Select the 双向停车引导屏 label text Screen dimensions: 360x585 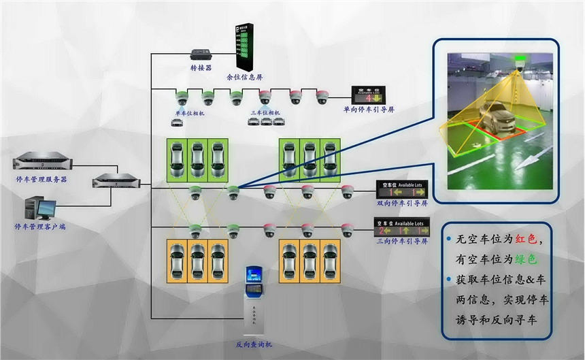(401, 203)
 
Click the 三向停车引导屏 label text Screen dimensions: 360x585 (401, 240)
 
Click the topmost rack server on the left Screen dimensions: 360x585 (41, 162)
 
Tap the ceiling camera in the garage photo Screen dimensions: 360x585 (519, 67)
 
